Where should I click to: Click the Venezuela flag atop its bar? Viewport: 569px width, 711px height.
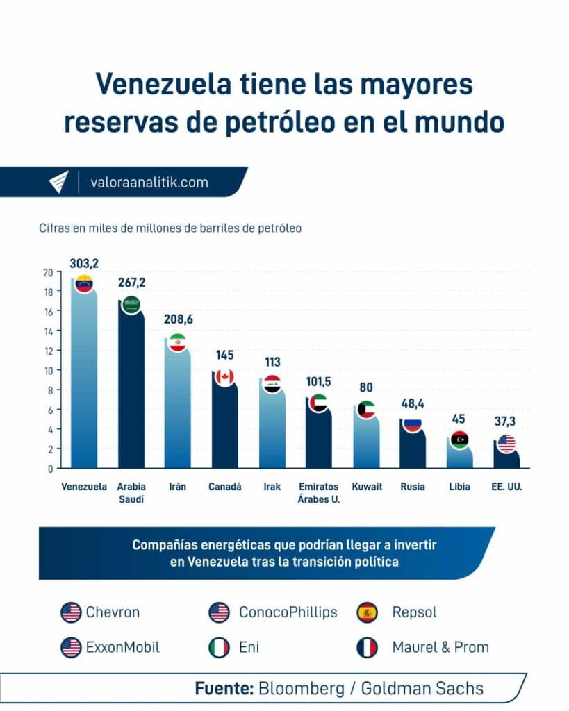pos(84,283)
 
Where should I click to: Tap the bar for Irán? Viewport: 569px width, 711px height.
pos(178,410)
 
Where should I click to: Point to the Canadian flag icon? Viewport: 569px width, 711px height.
pos(224,377)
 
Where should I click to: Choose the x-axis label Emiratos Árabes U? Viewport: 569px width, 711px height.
pos(319,492)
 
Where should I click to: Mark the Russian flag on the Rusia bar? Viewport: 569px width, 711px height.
pos(413,424)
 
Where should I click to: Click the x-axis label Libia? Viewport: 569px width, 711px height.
pos(459,487)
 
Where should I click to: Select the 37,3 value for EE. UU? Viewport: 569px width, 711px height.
pos(506,421)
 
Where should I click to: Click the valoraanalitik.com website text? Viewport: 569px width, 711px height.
pos(149,183)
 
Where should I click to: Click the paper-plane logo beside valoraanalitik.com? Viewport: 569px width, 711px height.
pos(58,182)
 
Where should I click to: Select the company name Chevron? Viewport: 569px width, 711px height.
pos(113,612)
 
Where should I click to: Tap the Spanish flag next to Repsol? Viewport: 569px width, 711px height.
pos(367,612)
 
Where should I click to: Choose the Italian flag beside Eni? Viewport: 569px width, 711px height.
pos(219,647)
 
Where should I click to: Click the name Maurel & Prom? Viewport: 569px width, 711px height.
pos(440,647)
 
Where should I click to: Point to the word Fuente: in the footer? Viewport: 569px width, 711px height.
pos(224,688)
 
